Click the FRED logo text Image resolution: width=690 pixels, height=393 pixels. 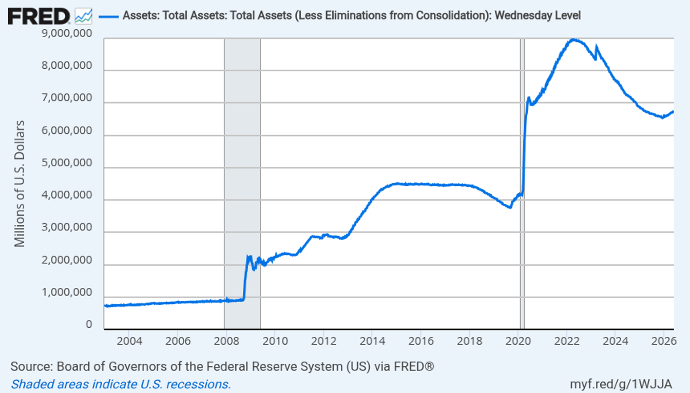pos(39,16)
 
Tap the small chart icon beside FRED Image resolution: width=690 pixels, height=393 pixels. pos(84,16)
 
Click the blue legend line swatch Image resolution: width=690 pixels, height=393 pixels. pos(108,16)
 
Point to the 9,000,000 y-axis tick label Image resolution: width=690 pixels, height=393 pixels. pos(67,33)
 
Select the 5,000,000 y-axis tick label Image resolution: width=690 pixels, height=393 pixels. pos(67,163)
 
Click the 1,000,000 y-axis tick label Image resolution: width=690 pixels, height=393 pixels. pos(67,292)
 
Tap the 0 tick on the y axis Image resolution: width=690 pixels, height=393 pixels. pos(89,324)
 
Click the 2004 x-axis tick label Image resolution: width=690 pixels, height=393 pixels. pos(129,341)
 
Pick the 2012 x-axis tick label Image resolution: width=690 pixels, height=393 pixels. pos(324,341)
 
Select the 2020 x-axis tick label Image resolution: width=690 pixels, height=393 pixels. pos(518,341)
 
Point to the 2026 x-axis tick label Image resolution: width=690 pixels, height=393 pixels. pos(664,341)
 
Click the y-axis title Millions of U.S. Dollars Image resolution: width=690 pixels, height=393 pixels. pos(20,184)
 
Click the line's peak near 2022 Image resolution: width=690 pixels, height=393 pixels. pos(573,40)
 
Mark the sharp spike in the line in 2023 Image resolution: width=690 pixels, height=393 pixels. pos(597,47)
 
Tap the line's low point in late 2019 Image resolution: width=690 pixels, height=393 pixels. pos(510,207)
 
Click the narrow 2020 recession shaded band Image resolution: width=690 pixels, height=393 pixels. pos(522,184)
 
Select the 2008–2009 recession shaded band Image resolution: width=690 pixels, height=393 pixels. pos(242,184)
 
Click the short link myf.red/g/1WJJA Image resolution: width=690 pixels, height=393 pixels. pos(621,384)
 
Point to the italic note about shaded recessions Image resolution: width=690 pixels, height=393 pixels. pos(121,384)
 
